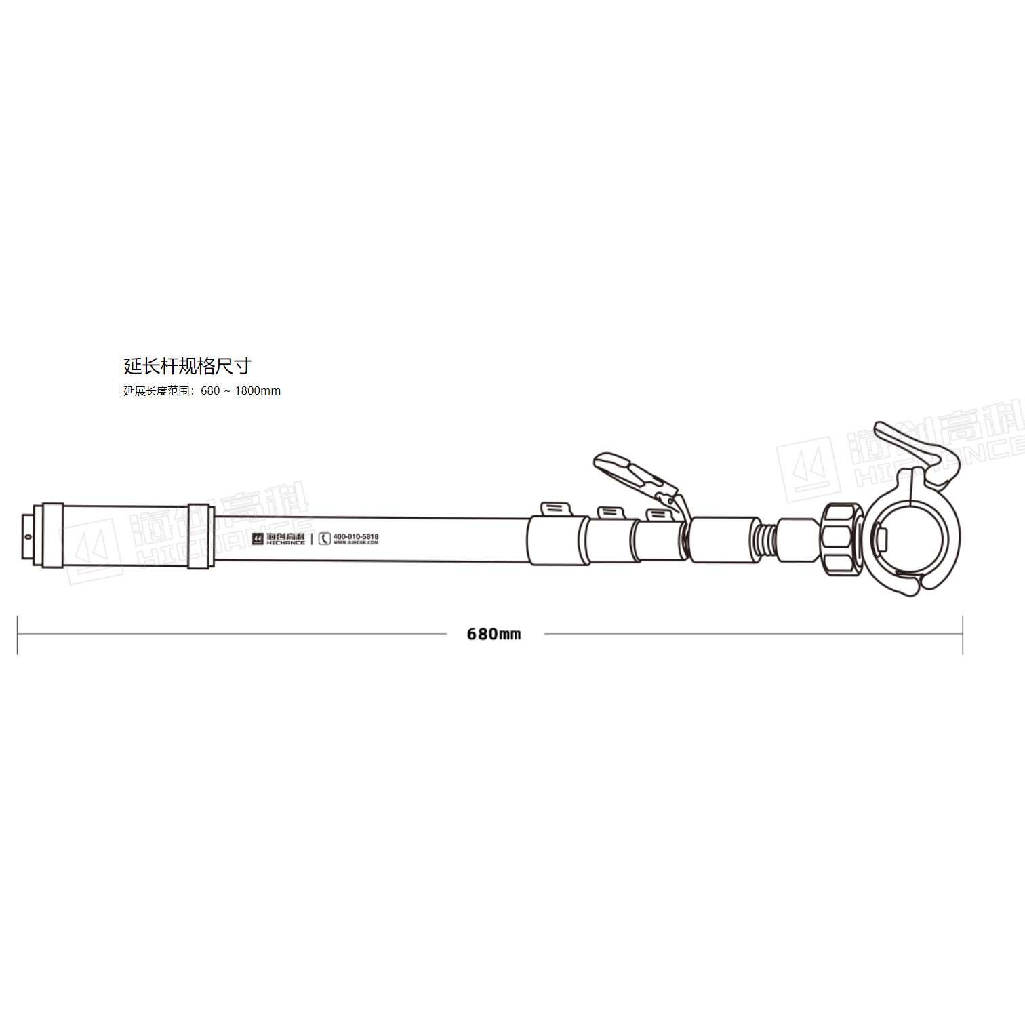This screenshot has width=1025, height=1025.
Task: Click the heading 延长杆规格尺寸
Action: click(187, 366)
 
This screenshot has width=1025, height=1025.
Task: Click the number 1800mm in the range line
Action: click(258, 391)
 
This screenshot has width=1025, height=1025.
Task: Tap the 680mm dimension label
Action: click(494, 635)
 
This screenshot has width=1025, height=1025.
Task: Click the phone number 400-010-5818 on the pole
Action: click(356, 536)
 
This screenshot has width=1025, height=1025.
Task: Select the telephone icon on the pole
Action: click(324, 539)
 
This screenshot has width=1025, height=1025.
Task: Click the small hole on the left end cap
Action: click(28, 537)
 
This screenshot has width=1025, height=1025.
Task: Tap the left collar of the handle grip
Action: click(52, 536)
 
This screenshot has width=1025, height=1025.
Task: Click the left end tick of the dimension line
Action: click(18, 635)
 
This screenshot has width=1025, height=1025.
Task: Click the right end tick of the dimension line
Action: click(963, 635)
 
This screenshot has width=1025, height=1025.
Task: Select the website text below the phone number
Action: click(356, 543)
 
